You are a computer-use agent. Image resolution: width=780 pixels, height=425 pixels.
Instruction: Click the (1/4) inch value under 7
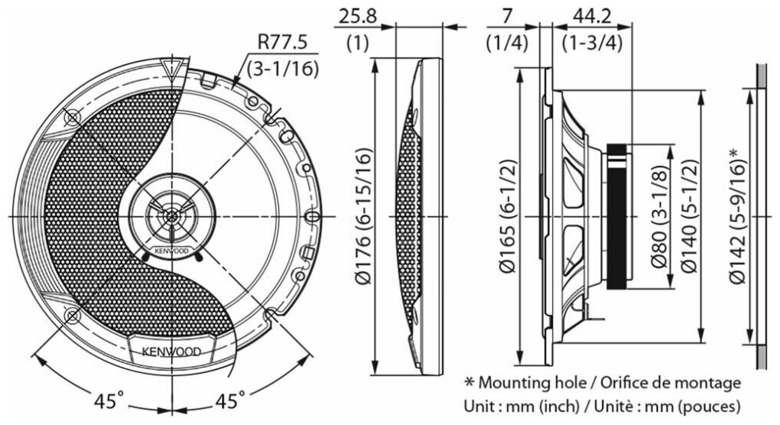click(x=506, y=43)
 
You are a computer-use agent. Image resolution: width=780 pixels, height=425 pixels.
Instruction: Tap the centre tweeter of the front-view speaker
click(x=174, y=216)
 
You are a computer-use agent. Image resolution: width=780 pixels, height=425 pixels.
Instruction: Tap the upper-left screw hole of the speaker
click(x=71, y=117)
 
